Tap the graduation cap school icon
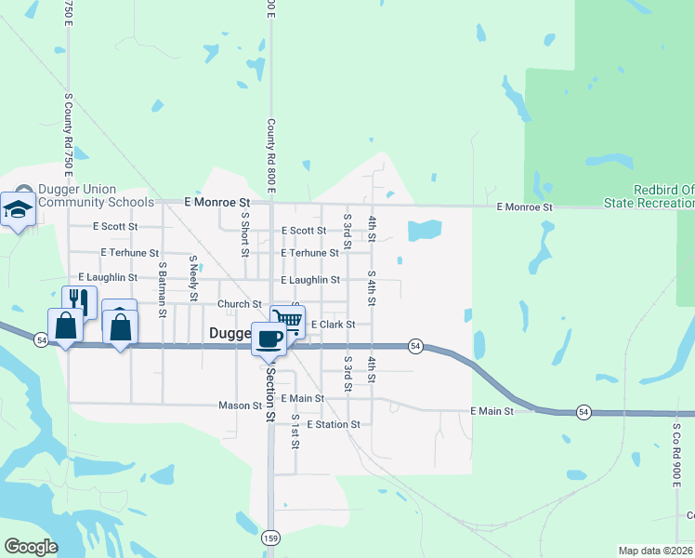click(17, 210)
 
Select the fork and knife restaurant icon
click(79, 301)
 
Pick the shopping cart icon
click(289, 321)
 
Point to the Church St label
click(240, 304)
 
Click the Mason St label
click(240, 405)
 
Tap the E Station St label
click(333, 424)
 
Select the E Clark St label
click(333, 325)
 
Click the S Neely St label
click(194, 278)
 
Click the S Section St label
click(270, 392)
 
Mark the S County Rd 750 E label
click(69, 134)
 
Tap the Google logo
click(31, 547)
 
